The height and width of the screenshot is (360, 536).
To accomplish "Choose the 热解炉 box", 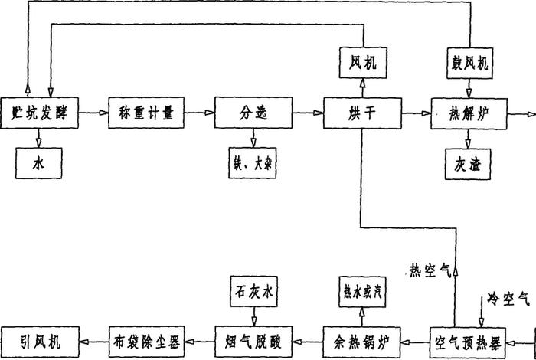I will [x=466, y=113].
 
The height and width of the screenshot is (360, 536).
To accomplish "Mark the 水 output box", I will [x=38, y=162].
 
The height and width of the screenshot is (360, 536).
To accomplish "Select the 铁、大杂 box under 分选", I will [x=253, y=162].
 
